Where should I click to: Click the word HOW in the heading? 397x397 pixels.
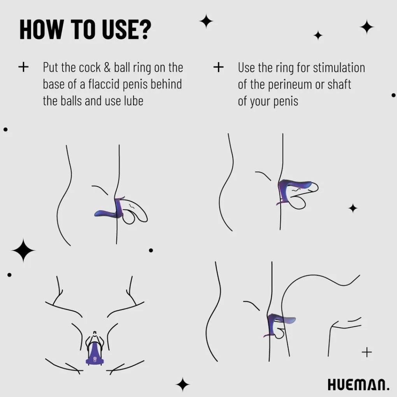coord(41,29)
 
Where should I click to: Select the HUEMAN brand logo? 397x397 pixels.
coord(358,385)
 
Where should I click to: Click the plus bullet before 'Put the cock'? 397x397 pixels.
coord(23,67)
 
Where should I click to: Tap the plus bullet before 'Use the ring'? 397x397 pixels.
coord(218,67)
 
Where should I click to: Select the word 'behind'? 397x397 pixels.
coord(166,84)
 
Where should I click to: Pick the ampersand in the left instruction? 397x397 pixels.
coord(107,68)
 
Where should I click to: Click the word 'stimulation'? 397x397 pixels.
coord(339,68)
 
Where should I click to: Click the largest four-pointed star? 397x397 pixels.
coord(23,250)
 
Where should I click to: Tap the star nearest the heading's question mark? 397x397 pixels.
coord(206,21)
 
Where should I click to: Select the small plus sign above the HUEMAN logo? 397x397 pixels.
coord(367,352)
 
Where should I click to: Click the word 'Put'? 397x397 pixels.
coord(51,67)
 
